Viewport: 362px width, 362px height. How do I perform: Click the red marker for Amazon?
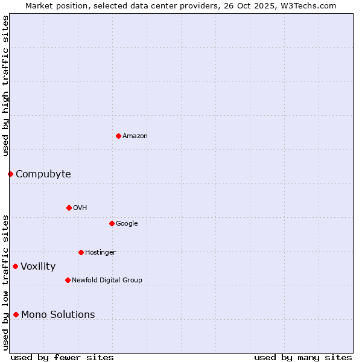(118, 136)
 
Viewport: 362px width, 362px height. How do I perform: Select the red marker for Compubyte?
(10, 174)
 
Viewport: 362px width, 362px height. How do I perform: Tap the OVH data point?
(69, 208)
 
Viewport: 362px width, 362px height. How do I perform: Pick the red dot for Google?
(112, 223)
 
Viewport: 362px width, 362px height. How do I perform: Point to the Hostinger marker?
(81, 252)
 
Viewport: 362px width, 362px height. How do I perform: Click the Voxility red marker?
(15, 266)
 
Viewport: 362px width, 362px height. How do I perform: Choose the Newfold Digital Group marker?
(68, 280)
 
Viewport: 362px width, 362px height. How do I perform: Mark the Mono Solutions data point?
(16, 314)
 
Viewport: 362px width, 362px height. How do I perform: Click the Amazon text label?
(135, 136)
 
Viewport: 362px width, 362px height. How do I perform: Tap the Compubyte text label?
(43, 174)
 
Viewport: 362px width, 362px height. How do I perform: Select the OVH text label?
(80, 208)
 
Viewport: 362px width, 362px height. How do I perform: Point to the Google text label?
(127, 224)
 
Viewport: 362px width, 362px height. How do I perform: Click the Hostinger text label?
(100, 253)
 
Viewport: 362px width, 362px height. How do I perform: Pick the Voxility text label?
(38, 267)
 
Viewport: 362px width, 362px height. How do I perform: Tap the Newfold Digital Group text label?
(107, 281)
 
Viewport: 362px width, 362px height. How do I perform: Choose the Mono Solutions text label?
(58, 315)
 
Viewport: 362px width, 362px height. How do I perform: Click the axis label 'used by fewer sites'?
(62, 357)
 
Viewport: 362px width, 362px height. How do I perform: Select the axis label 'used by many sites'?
(303, 357)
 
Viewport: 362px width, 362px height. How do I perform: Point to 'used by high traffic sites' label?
(6, 86)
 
